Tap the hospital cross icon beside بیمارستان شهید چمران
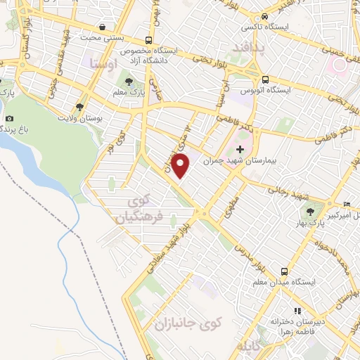tap(240, 149)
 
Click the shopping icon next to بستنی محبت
tap(103, 27)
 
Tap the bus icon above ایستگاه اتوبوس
tap(266, 79)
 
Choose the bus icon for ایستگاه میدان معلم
tap(284, 271)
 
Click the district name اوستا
tap(104, 65)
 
